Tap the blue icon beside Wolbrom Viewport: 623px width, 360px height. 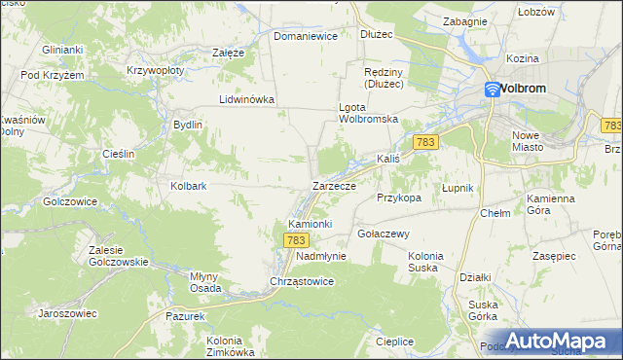494,89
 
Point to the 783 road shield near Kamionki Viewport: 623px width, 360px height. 298,239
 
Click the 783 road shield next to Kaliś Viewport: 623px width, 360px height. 424,142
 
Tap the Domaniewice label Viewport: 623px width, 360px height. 305,36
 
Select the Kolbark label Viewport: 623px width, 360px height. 189,185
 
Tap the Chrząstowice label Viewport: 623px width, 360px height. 302,281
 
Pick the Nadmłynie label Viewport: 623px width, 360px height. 320,256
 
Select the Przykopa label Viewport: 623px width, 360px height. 398,197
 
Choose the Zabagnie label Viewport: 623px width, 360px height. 464,20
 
